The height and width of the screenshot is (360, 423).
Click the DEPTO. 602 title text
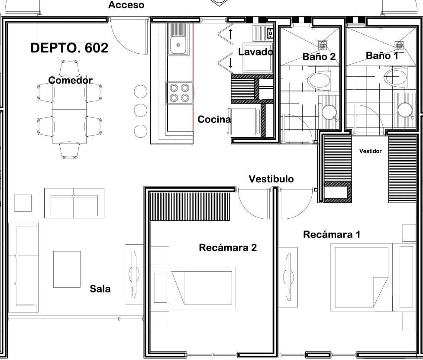click(x=69, y=48)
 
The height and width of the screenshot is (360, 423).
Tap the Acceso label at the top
click(x=126, y=5)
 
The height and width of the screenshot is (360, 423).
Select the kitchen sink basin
click(x=178, y=45)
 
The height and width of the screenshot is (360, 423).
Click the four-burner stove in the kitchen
click(x=179, y=93)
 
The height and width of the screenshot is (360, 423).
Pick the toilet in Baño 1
click(x=395, y=77)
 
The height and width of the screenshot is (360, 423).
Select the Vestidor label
click(x=370, y=151)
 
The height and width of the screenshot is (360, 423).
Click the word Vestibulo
click(x=271, y=179)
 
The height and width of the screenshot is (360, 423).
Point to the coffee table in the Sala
click(x=67, y=269)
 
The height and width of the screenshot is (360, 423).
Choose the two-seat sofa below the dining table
click(x=74, y=203)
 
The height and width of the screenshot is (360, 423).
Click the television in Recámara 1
click(x=288, y=277)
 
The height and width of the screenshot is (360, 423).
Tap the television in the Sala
click(x=134, y=275)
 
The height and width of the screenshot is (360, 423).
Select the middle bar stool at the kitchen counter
click(x=141, y=110)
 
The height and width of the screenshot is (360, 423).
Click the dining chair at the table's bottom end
click(x=70, y=150)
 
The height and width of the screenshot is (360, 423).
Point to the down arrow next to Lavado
click(x=231, y=63)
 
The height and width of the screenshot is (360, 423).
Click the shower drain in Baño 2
click(x=323, y=45)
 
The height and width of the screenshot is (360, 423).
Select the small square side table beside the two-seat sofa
click(x=23, y=203)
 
